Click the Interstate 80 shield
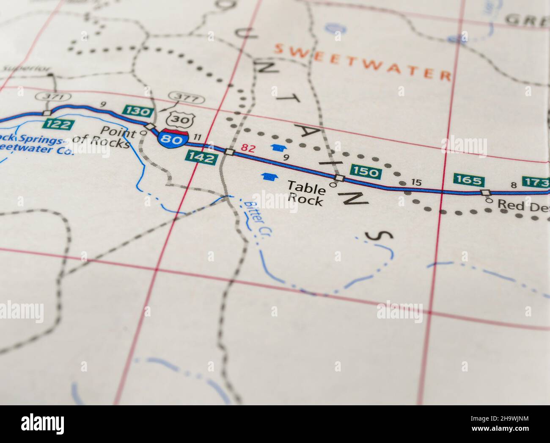(x=173, y=138)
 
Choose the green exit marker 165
(x=468, y=181)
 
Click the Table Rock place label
(x=306, y=193)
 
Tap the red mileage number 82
(x=249, y=148)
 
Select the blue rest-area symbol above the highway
(x=278, y=147)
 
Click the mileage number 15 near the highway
(x=416, y=183)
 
